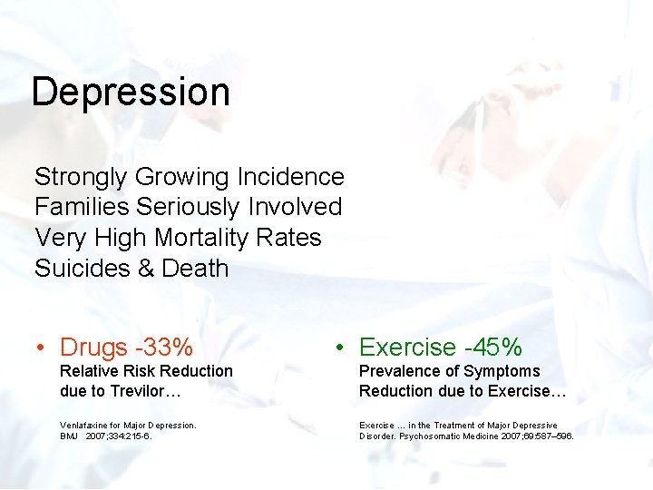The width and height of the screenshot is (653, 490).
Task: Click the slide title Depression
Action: pos(131,93)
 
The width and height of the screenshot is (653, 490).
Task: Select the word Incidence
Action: pos(291,177)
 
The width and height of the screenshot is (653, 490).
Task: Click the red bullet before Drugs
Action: pos(41,348)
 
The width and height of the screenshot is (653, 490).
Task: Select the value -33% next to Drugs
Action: pos(164,348)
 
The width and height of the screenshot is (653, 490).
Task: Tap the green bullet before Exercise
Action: pos(336,348)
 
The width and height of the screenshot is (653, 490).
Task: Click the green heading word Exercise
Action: pos(407,348)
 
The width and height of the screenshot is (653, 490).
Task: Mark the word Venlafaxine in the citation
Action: pos(86,425)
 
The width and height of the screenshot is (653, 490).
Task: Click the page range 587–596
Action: pos(557,436)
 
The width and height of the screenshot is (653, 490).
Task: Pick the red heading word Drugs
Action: pos(93,348)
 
